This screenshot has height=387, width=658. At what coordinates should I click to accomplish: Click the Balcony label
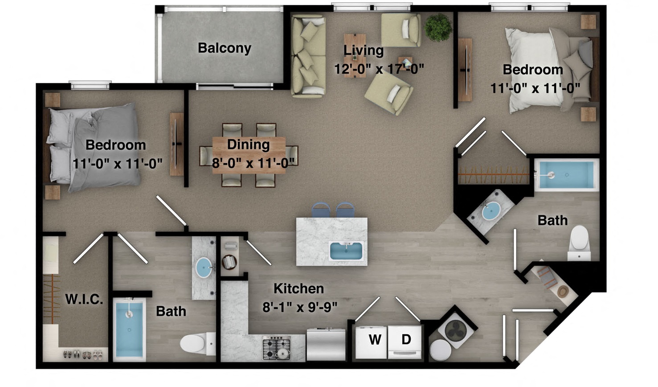pos(225,48)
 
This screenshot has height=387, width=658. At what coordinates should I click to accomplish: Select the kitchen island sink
pos(346,251)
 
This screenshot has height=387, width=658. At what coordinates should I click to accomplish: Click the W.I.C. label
pos(84,299)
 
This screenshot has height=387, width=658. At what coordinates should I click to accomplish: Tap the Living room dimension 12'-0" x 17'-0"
pos(379,69)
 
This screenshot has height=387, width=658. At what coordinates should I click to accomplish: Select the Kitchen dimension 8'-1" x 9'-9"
pos(299,307)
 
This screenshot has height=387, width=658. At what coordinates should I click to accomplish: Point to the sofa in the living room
pos(308,56)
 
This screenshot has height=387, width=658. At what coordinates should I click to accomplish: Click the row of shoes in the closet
pos(83,354)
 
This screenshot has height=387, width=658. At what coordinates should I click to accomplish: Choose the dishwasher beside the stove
pos(326,344)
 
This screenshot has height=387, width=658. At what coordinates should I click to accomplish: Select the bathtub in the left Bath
pos(129,329)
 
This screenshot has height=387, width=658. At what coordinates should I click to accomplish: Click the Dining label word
pos(248,144)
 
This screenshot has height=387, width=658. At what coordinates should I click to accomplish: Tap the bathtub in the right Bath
pos(566,175)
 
